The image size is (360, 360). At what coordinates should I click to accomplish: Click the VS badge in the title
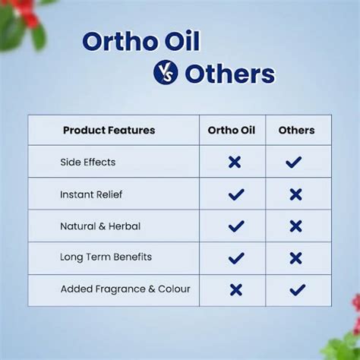coord(165,72)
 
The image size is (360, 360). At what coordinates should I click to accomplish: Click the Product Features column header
coord(109,130)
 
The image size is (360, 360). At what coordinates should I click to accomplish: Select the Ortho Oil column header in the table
coord(232,130)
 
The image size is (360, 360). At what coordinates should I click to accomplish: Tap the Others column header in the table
coord(296,130)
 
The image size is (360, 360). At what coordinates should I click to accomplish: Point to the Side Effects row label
coord(88,162)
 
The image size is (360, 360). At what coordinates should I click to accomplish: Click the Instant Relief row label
coord(91,194)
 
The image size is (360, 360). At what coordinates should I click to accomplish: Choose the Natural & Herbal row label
coord(100,226)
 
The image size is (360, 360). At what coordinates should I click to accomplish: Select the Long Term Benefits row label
coord(106,257)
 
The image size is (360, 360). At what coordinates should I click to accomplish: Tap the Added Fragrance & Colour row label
coord(125,289)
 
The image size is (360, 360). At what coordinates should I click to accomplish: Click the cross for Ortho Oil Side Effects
coord(235,162)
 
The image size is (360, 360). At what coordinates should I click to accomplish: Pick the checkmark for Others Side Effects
coord(294,162)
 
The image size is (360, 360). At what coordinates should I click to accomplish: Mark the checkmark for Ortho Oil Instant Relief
coord(236,194)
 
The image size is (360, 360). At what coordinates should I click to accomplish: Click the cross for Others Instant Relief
coord(295,194)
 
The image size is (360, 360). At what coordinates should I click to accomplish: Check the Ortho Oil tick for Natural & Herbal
coord(236,226)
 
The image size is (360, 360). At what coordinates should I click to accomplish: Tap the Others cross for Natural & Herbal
coord(295,226)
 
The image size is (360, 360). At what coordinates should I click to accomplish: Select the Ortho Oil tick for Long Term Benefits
coord(236,258)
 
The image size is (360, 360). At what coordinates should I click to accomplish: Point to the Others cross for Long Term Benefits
coord(295,258)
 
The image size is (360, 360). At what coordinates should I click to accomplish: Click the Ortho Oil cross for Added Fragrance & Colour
coord(236,289)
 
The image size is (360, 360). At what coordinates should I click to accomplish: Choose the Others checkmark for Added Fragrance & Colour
coord(297,289)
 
